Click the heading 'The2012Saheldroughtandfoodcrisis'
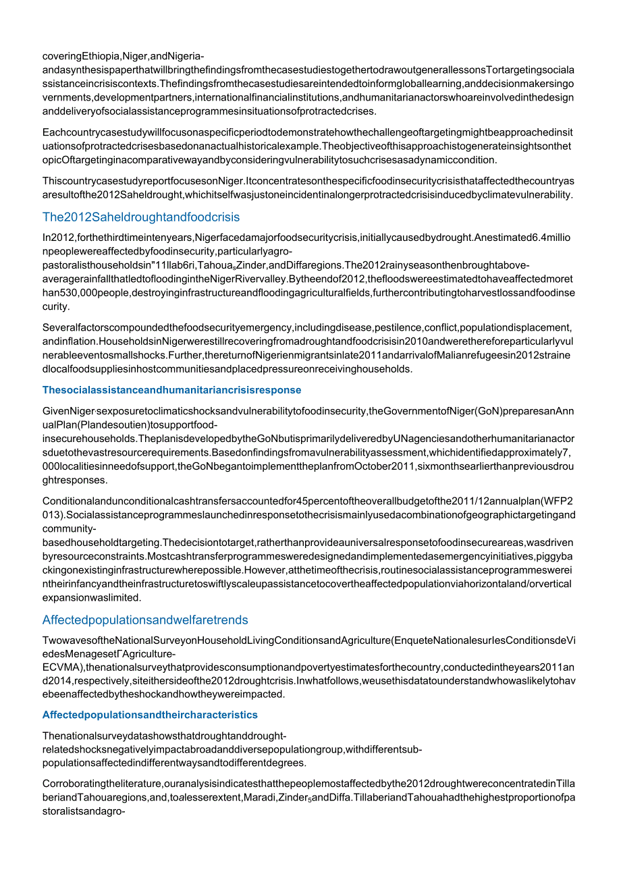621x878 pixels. (140, 217)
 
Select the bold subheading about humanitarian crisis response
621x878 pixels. (171, 390)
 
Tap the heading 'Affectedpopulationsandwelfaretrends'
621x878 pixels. (145, 620)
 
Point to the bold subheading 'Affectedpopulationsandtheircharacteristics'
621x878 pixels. (150, 715)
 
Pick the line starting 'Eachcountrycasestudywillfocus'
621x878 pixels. (308, 132)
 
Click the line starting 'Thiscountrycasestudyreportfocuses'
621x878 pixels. (308, 181)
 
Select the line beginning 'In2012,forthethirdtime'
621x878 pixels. (308, 238)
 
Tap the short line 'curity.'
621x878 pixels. (56, 306)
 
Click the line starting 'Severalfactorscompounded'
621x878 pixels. (308, 328)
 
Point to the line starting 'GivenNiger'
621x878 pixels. (308, 411)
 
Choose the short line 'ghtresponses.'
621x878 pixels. (74, 480)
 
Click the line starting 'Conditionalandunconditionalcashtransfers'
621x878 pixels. (308, 501)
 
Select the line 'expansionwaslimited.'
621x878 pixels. (92, 597)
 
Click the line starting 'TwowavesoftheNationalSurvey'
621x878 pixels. (308, 640)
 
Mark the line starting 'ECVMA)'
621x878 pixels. (308, 668)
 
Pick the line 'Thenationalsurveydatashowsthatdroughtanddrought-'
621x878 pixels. (164, 736)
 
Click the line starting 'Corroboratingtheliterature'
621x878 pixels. (308, 784)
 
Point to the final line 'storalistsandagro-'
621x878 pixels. (84, 811)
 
